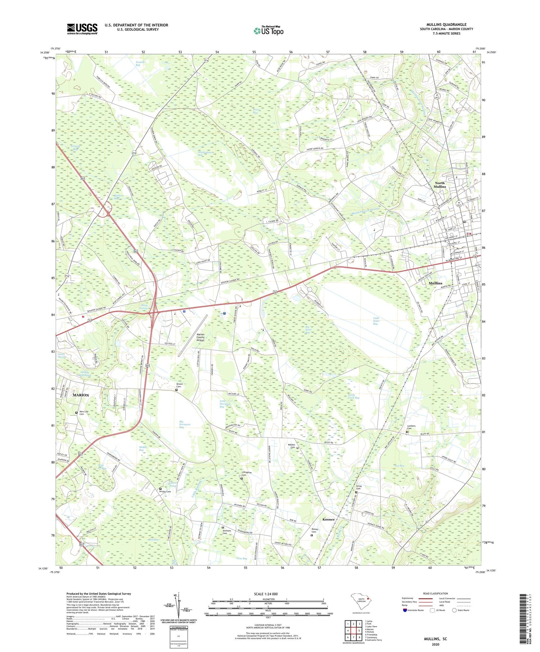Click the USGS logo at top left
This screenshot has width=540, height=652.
pyautogui.click(x=82, y=29)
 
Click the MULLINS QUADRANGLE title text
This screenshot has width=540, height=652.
pyautogui.click(x=446, y=24)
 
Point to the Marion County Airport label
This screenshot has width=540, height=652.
pyautogui.click(x=201, y=337)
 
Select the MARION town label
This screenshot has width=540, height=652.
pyautogui.click(x=81, y=395)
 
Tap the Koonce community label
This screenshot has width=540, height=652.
pyautogui.click(x=328, y=519)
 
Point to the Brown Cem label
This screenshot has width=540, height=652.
pyautogui.click(x=179, y=385)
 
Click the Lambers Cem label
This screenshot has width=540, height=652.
pyautogui.click(x=411, y=427)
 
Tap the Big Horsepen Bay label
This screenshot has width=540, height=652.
pyautogui.click(x=184, y=424)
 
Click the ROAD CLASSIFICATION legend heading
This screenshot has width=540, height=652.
pyautogui.click(x=436, y=593)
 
